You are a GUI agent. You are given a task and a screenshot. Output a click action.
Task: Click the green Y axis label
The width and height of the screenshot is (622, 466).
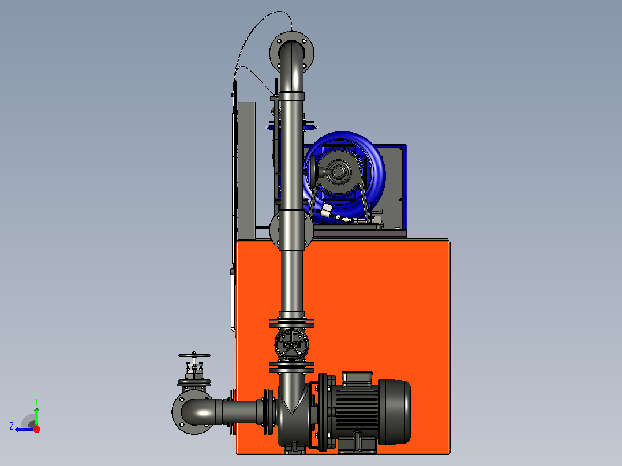[36, 401]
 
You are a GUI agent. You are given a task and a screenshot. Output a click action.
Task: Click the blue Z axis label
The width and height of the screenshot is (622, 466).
[12, 426]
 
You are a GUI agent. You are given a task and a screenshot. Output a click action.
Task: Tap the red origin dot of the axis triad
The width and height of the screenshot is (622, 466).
[36, 429]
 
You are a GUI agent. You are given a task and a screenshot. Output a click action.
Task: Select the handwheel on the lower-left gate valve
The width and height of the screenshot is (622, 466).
[194, 355]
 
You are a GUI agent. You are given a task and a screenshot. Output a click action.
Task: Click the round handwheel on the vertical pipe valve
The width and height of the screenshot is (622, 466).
[291, 344]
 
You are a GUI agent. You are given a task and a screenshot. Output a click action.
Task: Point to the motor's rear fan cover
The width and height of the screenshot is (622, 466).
[395, 412]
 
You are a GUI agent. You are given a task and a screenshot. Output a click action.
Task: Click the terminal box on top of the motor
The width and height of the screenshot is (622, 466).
[357, 378]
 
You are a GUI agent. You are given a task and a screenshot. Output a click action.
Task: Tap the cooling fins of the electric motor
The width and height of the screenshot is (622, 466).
[357, 411]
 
